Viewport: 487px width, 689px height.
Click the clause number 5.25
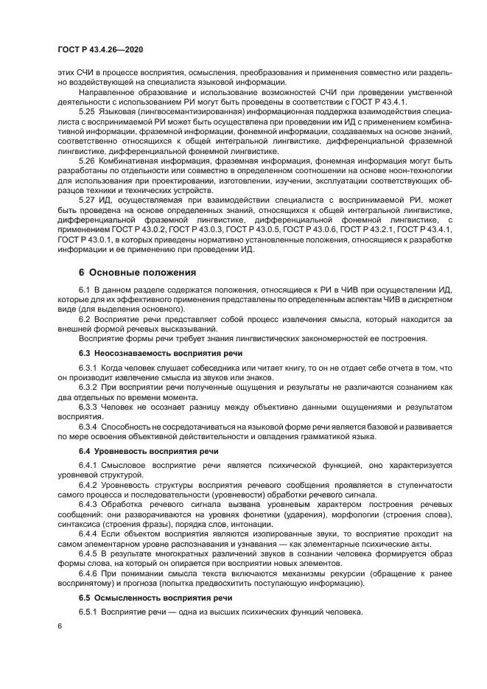coord(87,111)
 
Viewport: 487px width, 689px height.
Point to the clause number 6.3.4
coord(88,427)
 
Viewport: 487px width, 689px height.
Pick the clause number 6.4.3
coord(88,503)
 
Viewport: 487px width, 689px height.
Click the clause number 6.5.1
coord(88,612)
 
